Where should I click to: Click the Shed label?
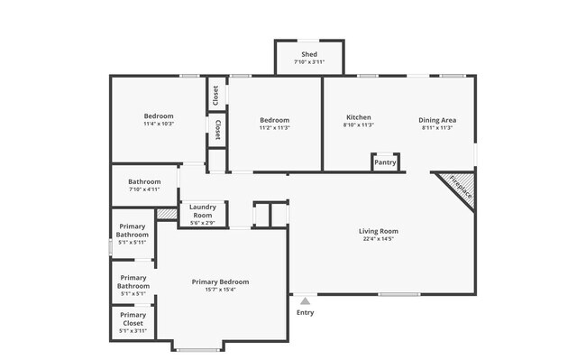tap(309, 55)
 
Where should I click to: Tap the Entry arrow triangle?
tap(306, 301)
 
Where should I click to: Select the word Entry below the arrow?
tap(306, 313)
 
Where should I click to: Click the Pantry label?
tap(385, 163)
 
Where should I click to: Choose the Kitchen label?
tap(359, 118)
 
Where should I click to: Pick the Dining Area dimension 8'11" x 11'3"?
tap(437, 128)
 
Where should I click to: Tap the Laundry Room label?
tap(202, 211)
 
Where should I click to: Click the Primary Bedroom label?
tap(220, 282)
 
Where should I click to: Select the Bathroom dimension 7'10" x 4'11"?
tap(143, 189)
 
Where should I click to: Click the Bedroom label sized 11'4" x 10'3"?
tap(159, 115)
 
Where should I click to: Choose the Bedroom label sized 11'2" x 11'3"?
tap(274, 120)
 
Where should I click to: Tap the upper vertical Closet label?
tap(216, 96)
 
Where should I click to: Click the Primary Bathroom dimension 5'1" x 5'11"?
tap(133, 242)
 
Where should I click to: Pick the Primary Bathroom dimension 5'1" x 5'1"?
tap(133, 293)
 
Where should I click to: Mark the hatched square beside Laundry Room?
tap(166, 214)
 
